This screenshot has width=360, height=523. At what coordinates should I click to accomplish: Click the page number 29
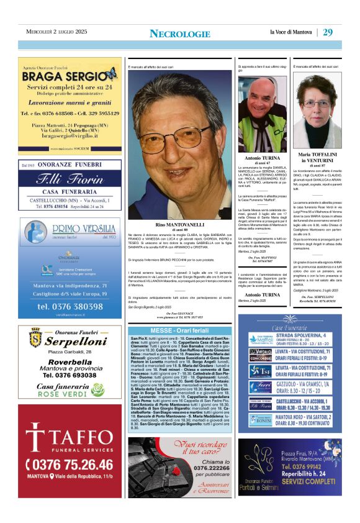click(328, 32)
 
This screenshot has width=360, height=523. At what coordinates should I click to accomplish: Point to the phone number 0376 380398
click(70, 306)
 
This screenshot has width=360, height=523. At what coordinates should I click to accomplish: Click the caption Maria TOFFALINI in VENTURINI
click(317, 158)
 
